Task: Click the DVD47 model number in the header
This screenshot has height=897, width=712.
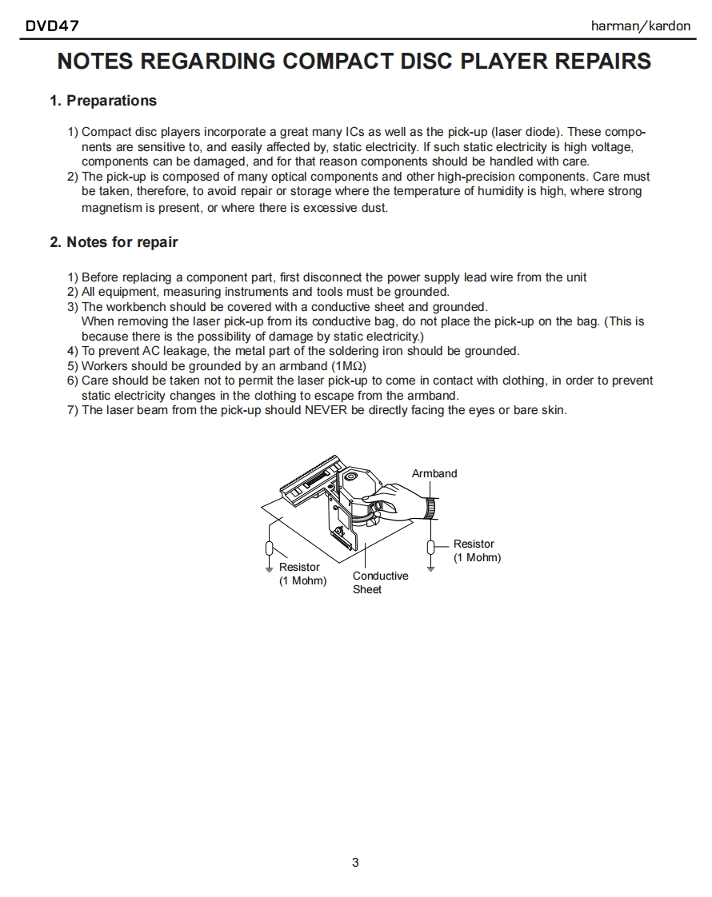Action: [x=52, y=26]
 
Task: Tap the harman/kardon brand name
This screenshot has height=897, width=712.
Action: [x=640, y=26]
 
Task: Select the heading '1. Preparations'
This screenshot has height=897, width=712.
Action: [x=103, y=101]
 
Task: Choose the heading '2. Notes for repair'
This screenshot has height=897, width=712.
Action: [x=114, y=242]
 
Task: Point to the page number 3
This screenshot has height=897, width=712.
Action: [x=355, y=862]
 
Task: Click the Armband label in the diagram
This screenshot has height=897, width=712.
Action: [x=434, y=473]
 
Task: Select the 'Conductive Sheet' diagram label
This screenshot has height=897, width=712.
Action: [x=380, y=582]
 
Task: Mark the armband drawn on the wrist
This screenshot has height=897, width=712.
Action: [x=431, y=507]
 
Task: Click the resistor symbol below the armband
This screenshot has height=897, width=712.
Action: [x=431, y=546]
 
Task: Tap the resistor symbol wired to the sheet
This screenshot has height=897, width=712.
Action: [x=270, y=548]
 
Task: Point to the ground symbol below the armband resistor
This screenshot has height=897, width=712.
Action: [x=431, y=568]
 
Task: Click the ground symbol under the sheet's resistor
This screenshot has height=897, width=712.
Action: [x=270, y=568]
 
